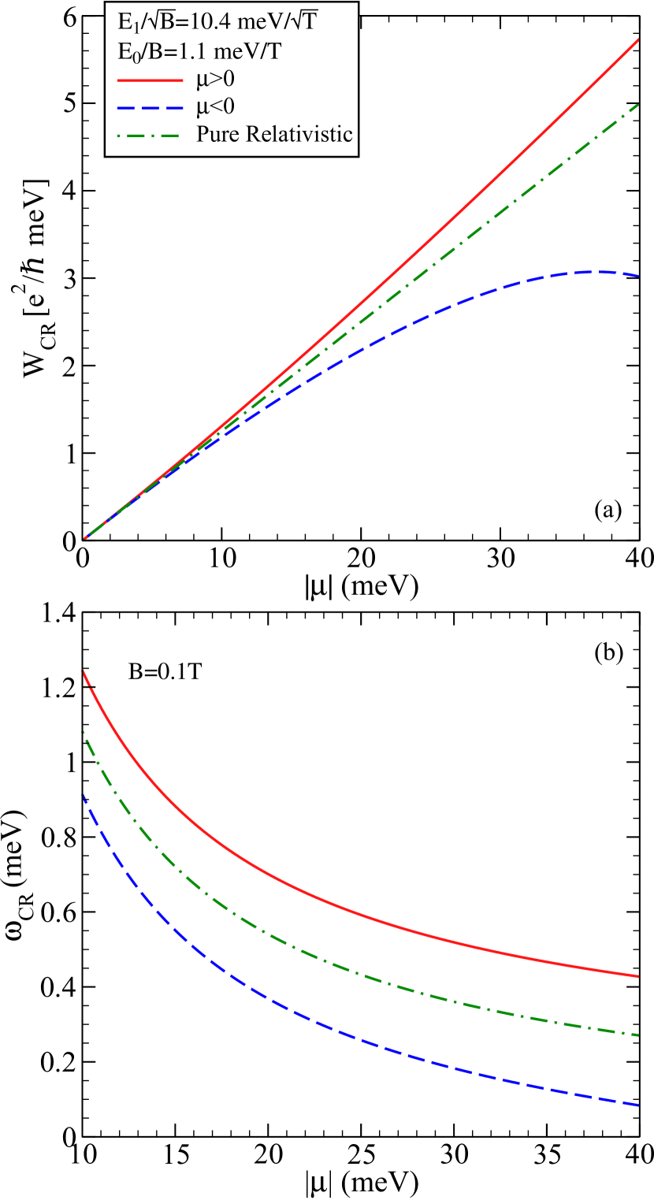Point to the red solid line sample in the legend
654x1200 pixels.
(150, 80)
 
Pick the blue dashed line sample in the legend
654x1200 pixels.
(150, 107)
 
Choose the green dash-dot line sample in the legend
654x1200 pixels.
(150, 134)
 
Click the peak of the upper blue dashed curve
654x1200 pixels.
(595, 272)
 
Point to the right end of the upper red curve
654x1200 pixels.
(637, 39)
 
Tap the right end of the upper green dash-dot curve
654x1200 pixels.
(637, 104)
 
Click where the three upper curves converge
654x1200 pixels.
(85, 538)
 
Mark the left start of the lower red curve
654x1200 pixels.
(84, 671)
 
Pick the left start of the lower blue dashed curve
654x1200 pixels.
(82, 795)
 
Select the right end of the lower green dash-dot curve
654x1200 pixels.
(637, 1035)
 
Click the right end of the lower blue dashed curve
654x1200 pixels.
(637, 1105)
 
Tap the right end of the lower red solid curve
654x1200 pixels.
(637, 976)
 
